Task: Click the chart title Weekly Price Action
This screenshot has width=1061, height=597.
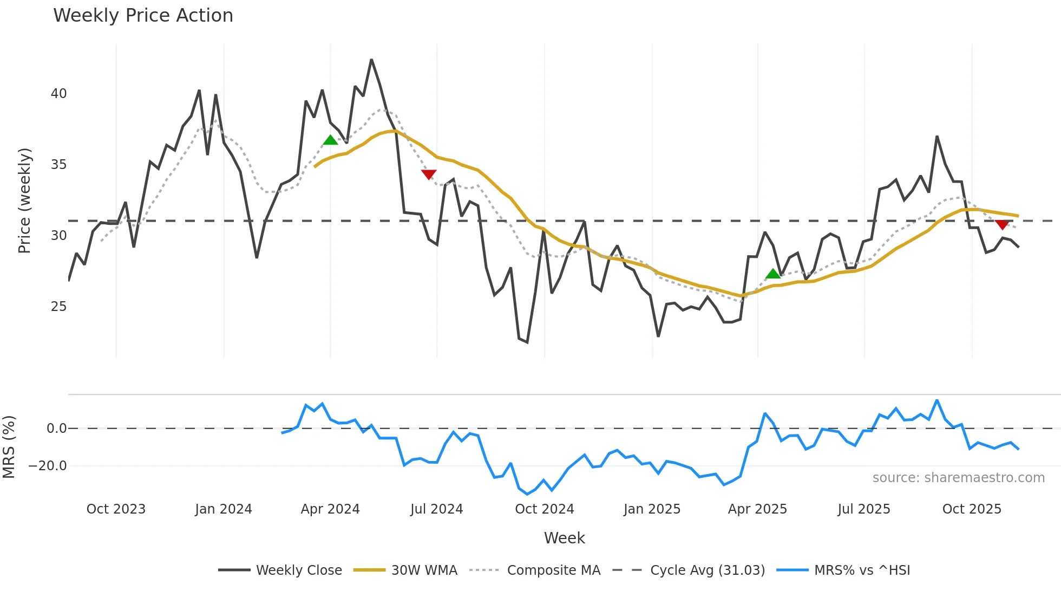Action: (143, 16)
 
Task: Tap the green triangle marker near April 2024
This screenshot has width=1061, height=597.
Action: (330, 140)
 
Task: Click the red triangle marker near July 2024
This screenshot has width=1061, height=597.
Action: (429, 174)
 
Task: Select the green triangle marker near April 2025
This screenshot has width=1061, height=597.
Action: (773, 274)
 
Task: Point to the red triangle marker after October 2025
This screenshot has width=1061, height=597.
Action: (1002, 224)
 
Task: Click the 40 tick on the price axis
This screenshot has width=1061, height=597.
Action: (58, 94)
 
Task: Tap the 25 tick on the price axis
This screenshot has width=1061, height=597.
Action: (58, 307)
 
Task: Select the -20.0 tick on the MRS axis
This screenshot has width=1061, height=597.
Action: (48, 466)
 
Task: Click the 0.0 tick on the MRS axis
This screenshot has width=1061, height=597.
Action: (56, 429)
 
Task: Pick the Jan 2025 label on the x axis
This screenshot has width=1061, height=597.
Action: (652, 509)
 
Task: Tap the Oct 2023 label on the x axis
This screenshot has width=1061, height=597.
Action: (116, 509)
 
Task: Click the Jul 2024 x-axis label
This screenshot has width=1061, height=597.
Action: (436, 509)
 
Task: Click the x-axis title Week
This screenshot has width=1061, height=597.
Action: (564, 538)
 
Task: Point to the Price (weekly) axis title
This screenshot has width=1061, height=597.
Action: (24, 200)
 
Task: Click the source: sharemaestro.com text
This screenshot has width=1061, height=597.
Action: (958, 478)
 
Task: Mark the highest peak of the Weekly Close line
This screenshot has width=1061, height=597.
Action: (371, 60)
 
